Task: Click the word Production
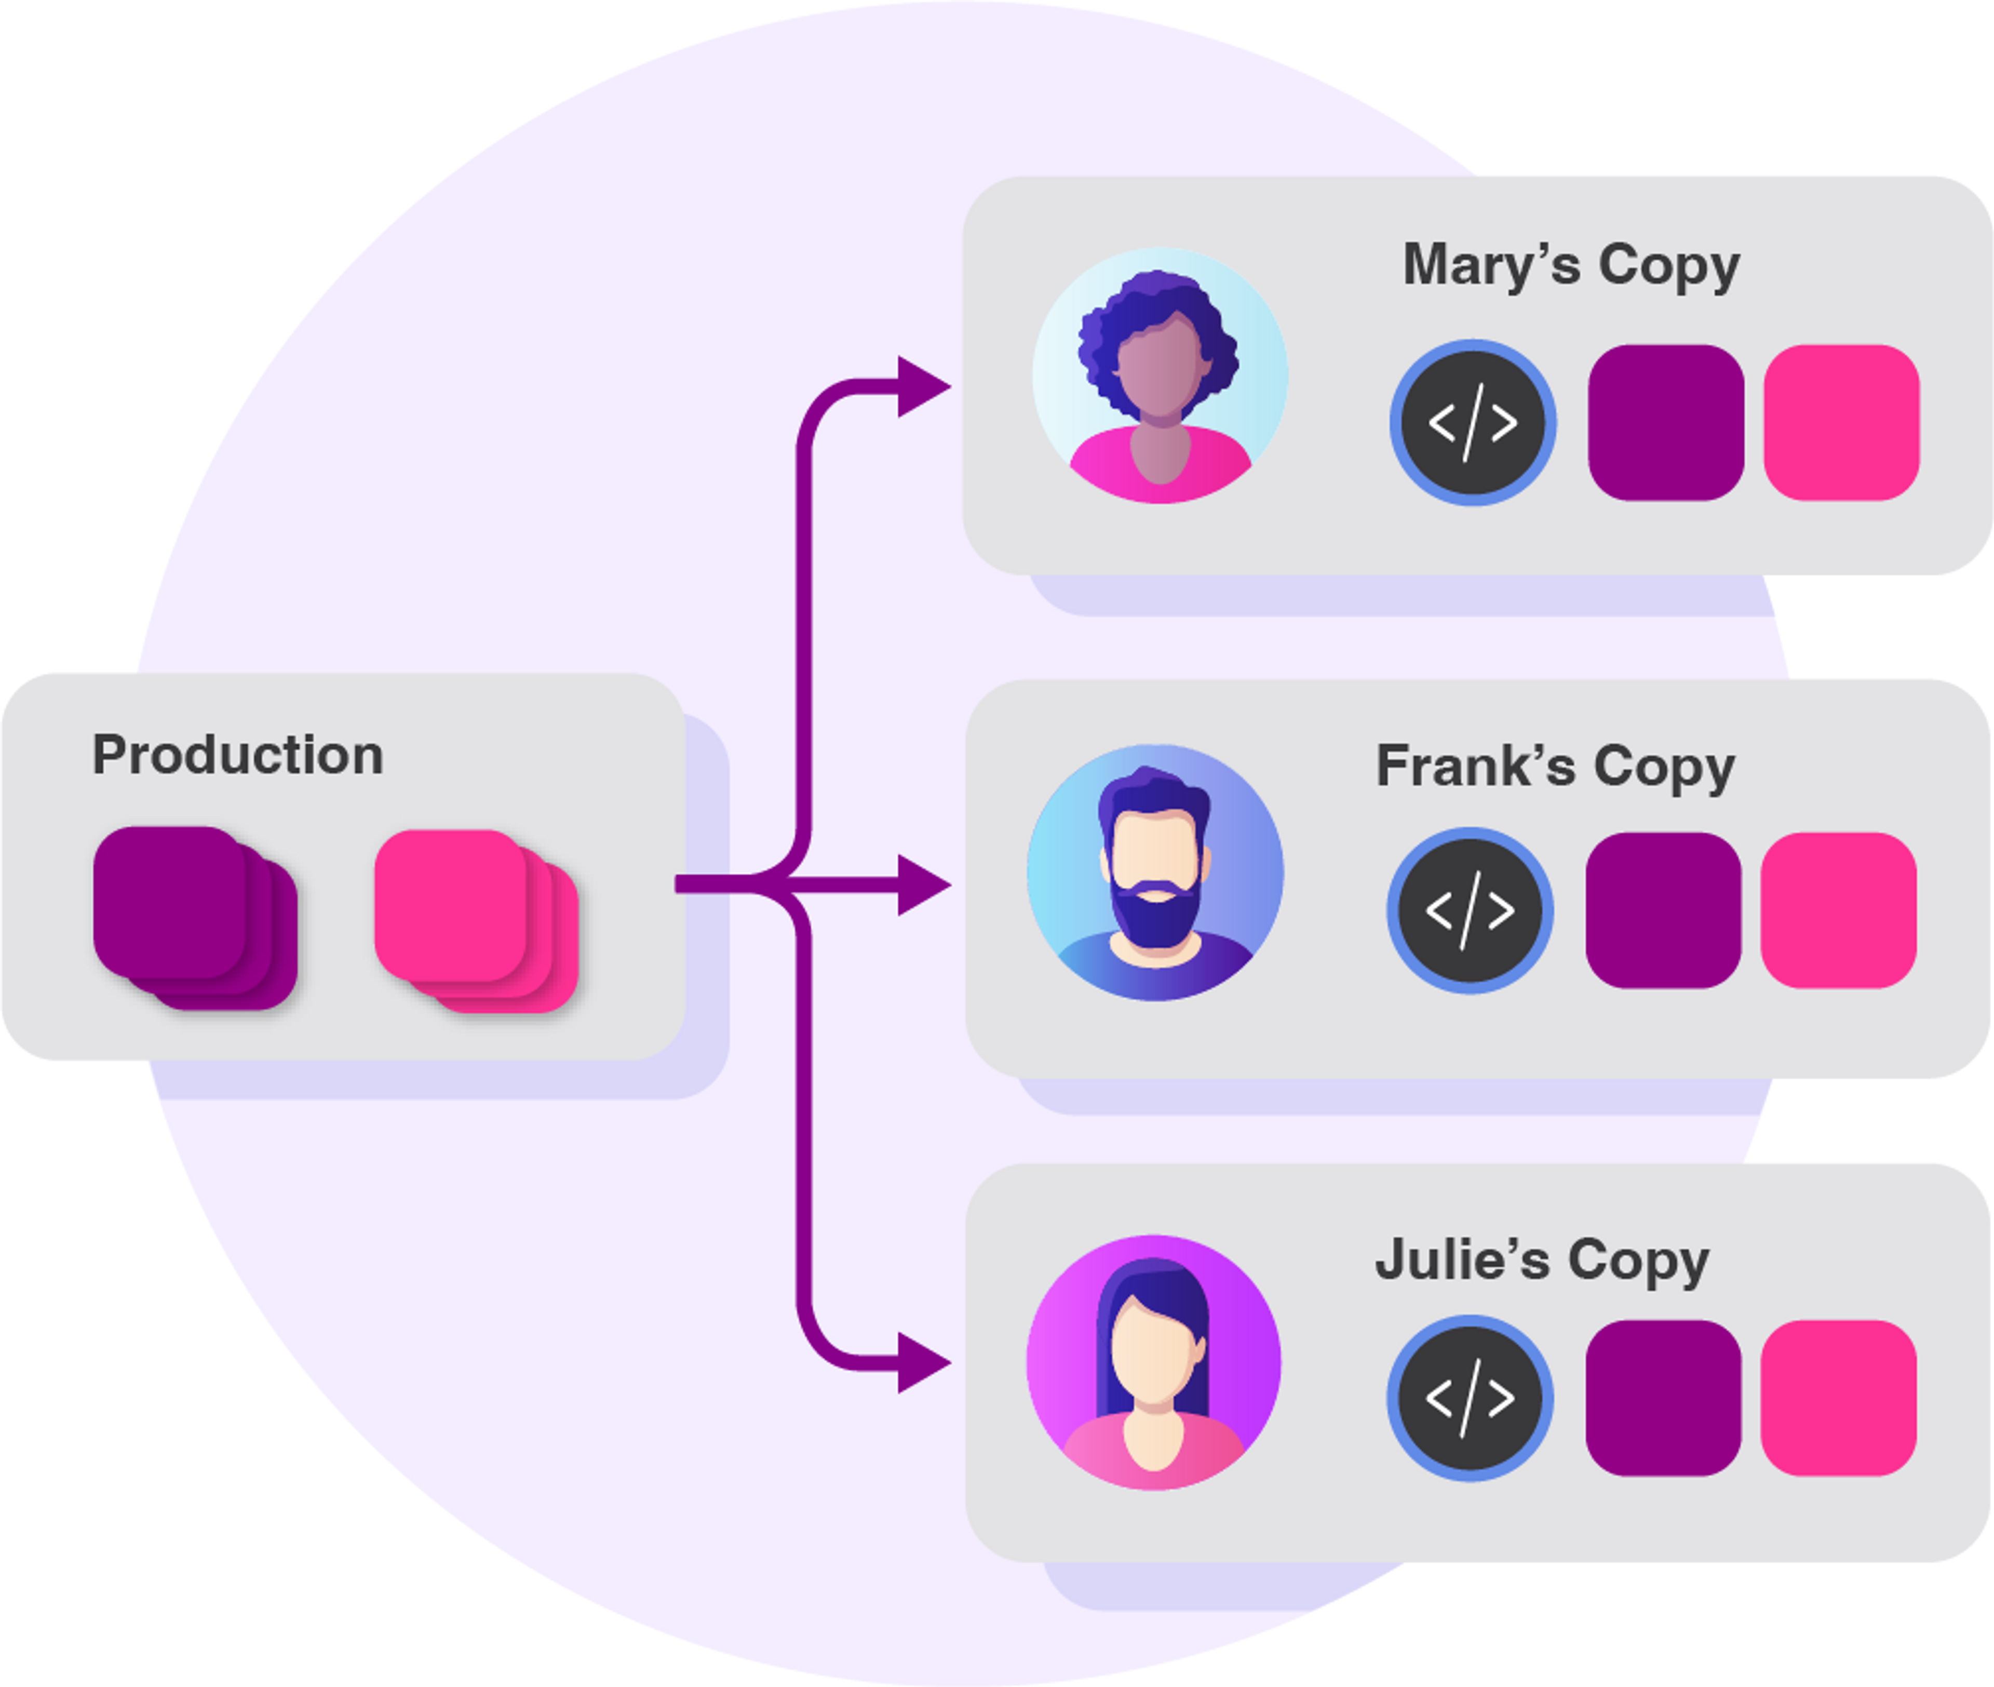coord(238,756)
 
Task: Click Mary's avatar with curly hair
coord(1160,376)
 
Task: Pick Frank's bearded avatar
coord(1155,872)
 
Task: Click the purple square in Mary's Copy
coord(1666,423)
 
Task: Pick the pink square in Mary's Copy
coord(1841,423)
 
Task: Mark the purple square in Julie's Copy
coord(1663,1398)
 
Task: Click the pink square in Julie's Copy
coord(1838,1398)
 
